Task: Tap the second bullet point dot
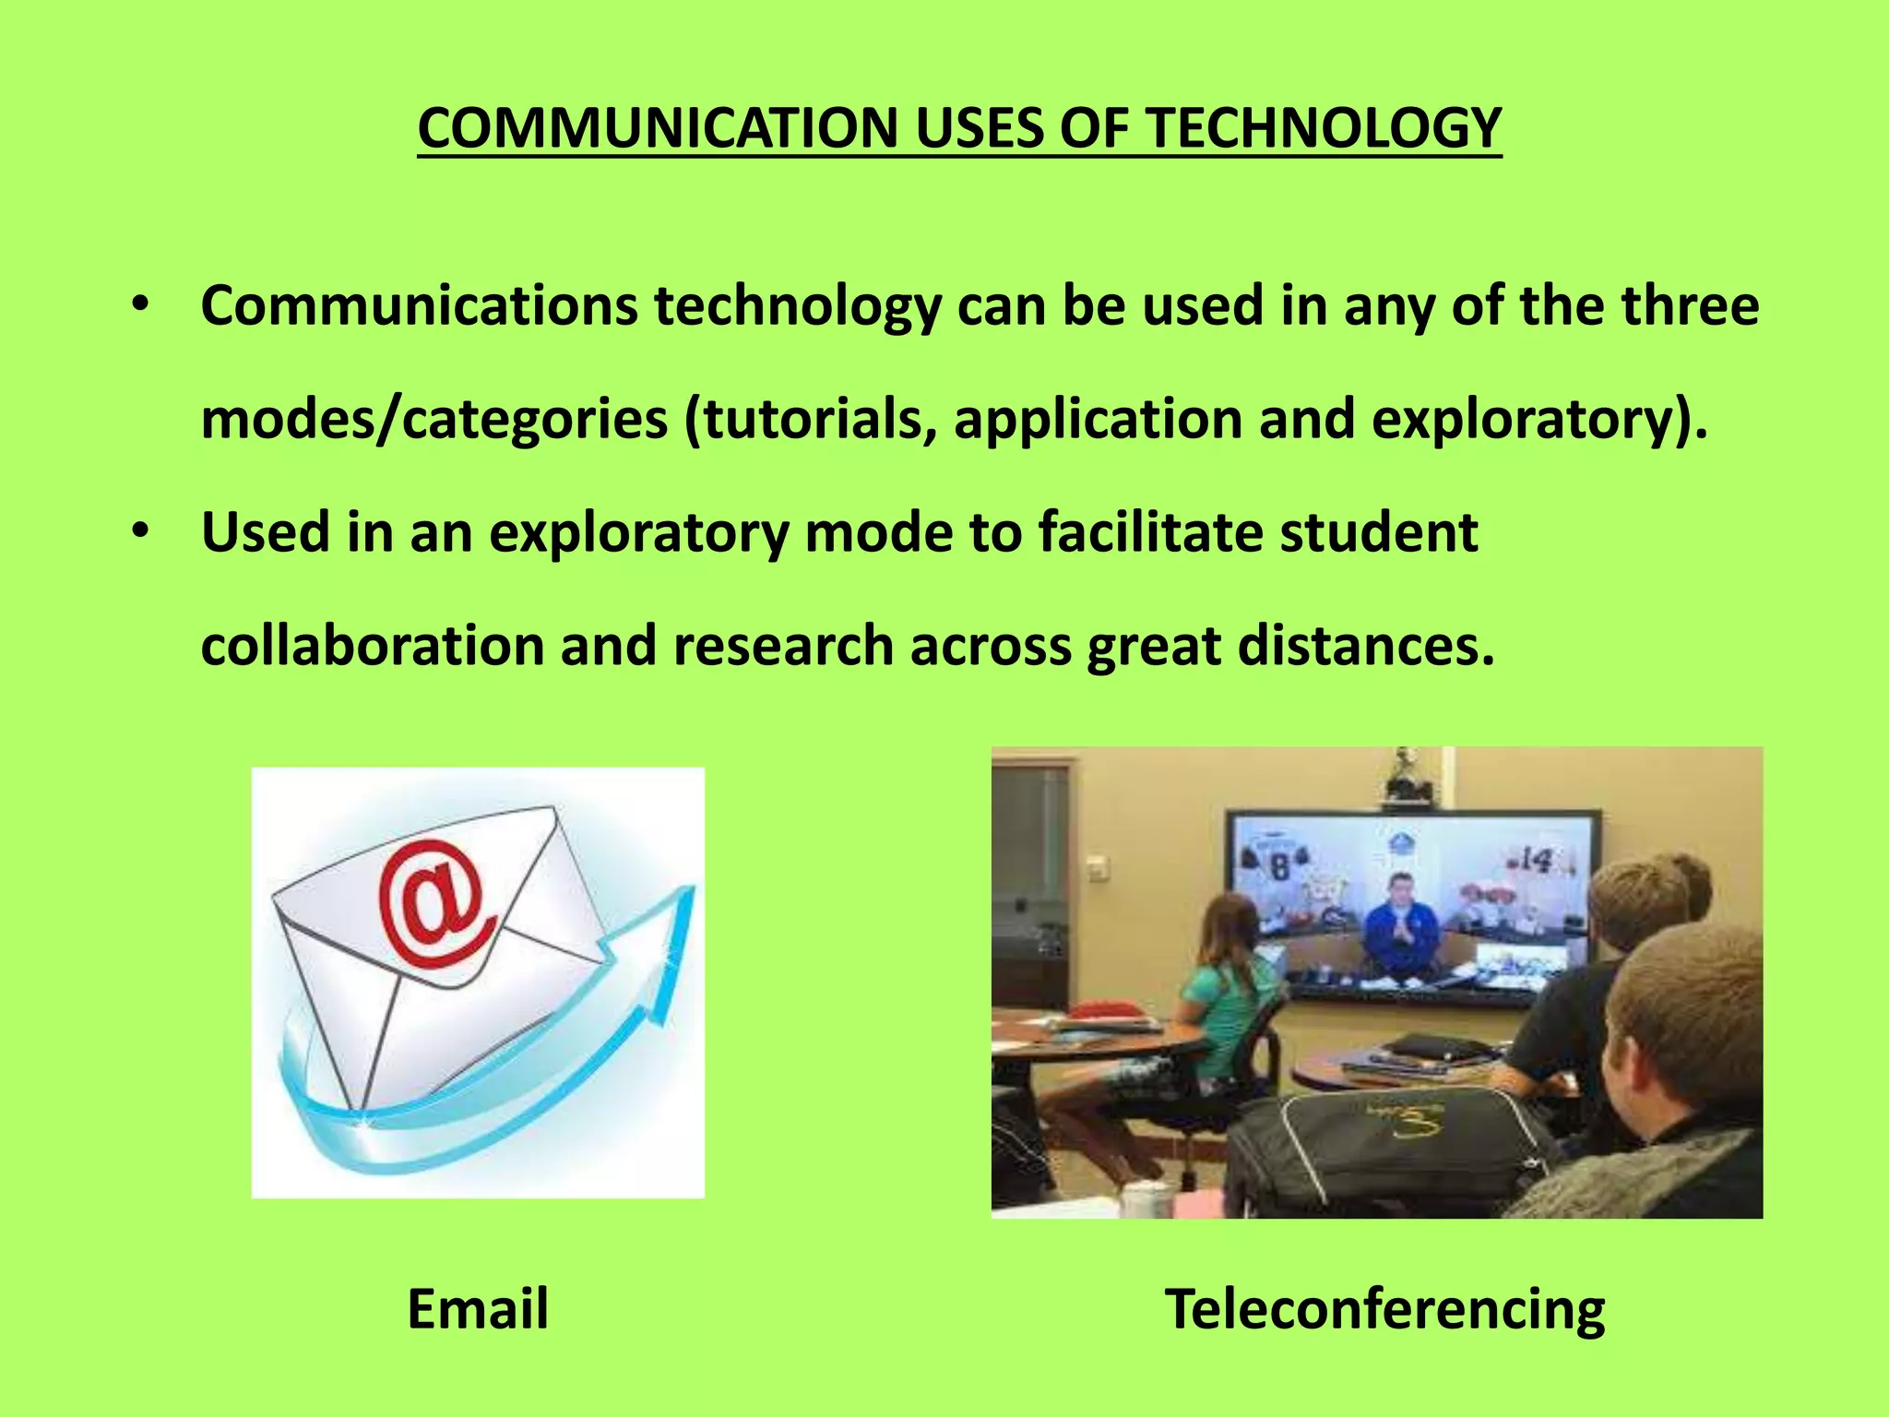click(139, 531)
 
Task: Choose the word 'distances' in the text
click(1364, 645)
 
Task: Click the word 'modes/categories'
click(434, 419)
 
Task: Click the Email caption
click(478, 1308)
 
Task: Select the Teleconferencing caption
click(1384, 1308)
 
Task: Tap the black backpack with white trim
click(1384, 1144)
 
